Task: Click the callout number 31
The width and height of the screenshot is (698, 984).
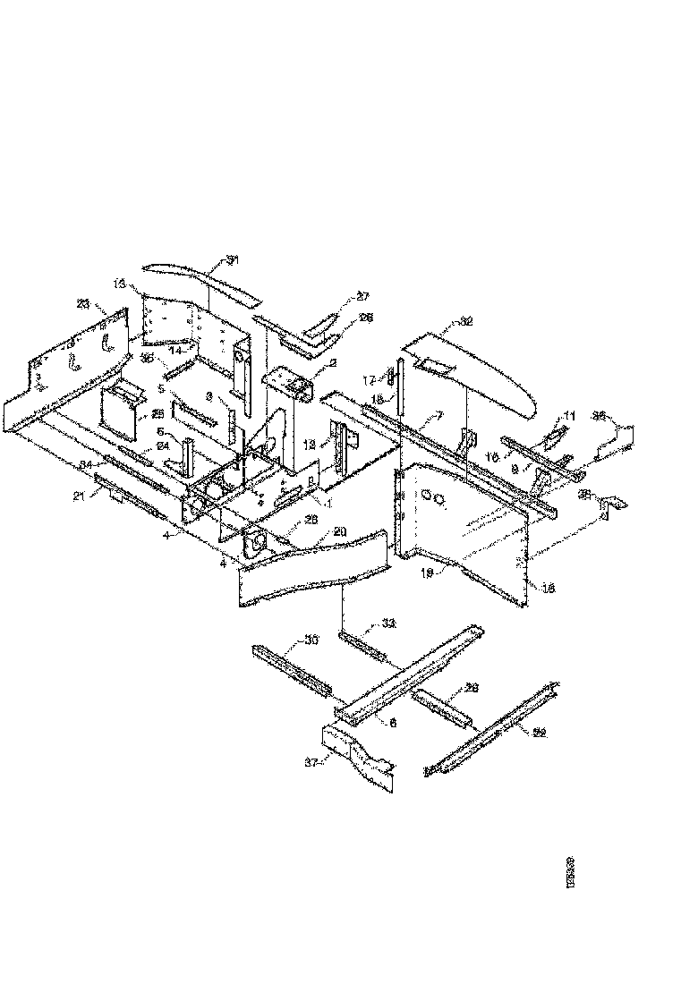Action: [x=233, y=260]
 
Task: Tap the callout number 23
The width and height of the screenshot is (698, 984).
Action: [x=83, y=304]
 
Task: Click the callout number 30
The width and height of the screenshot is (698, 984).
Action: [x=311, y=640]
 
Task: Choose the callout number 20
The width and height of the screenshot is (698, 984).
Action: [x=314, y=530]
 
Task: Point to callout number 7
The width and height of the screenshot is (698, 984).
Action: [x=439, y=415]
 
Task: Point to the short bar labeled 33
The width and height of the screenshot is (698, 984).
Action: [x=362, y=641]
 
